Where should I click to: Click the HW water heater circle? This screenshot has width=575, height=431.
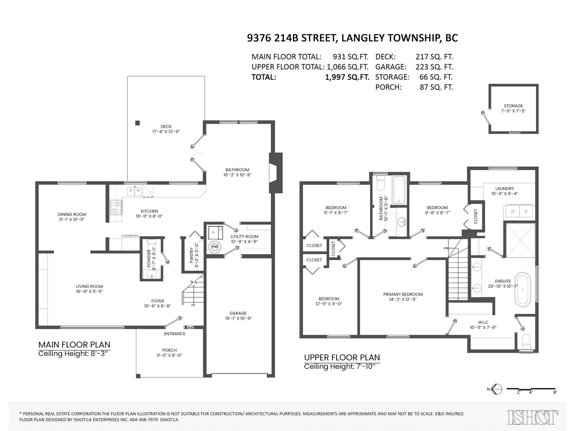pos(215,247)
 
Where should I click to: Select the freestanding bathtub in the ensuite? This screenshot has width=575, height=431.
pos(523,290)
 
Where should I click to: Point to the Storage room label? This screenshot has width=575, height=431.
pos(513,106)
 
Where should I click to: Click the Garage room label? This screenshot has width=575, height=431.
pos(238,313)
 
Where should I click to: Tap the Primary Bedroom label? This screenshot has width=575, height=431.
pos(402,295)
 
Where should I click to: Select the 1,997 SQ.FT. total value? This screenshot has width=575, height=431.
pos(347,77)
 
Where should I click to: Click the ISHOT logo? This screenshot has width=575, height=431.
pos(532,417)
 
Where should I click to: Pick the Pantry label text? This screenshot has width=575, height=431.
pos(192,255)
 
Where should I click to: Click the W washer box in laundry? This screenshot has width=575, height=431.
pos(512,211)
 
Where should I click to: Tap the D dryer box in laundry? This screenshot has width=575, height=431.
pos(526,211)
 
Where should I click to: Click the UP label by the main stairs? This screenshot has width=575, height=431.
pos(193,305)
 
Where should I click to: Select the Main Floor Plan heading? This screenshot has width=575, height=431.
pos(74,344)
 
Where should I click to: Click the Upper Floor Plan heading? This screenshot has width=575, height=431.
pos(342,357)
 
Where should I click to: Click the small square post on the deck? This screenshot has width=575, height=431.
pos(138,123)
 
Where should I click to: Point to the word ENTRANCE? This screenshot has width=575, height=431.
pos(174,334)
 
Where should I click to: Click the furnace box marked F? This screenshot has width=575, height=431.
pos(215,232)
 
